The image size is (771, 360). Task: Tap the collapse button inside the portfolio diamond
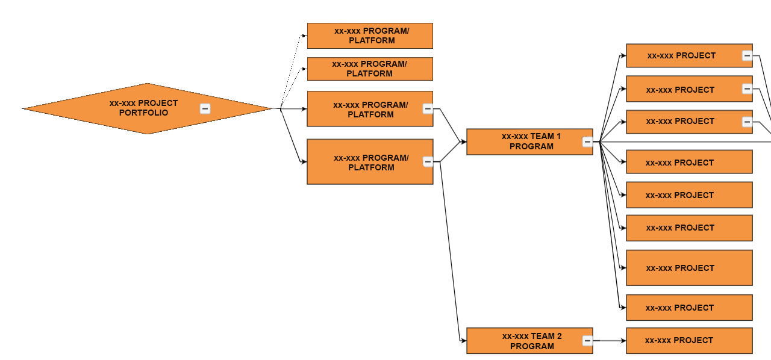point(205,108)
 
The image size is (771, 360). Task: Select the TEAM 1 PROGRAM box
point(524,141)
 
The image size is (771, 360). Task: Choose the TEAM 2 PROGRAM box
point(524,341)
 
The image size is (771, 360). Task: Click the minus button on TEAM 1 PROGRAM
point(587,142)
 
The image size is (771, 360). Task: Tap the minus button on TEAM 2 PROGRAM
point(587,341)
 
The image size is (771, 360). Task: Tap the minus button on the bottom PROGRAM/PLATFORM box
point(428,162)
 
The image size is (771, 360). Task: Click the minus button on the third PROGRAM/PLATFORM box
point(428,109)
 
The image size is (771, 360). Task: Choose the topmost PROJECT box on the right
point(681,55)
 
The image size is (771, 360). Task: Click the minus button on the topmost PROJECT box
point(747,56)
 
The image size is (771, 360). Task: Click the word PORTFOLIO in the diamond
point(143,113)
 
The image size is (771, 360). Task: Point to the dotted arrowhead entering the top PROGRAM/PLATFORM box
point(304,36)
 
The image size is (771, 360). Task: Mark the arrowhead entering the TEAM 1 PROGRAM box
point(463,142)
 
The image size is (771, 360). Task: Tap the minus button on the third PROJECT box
point(747,122)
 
